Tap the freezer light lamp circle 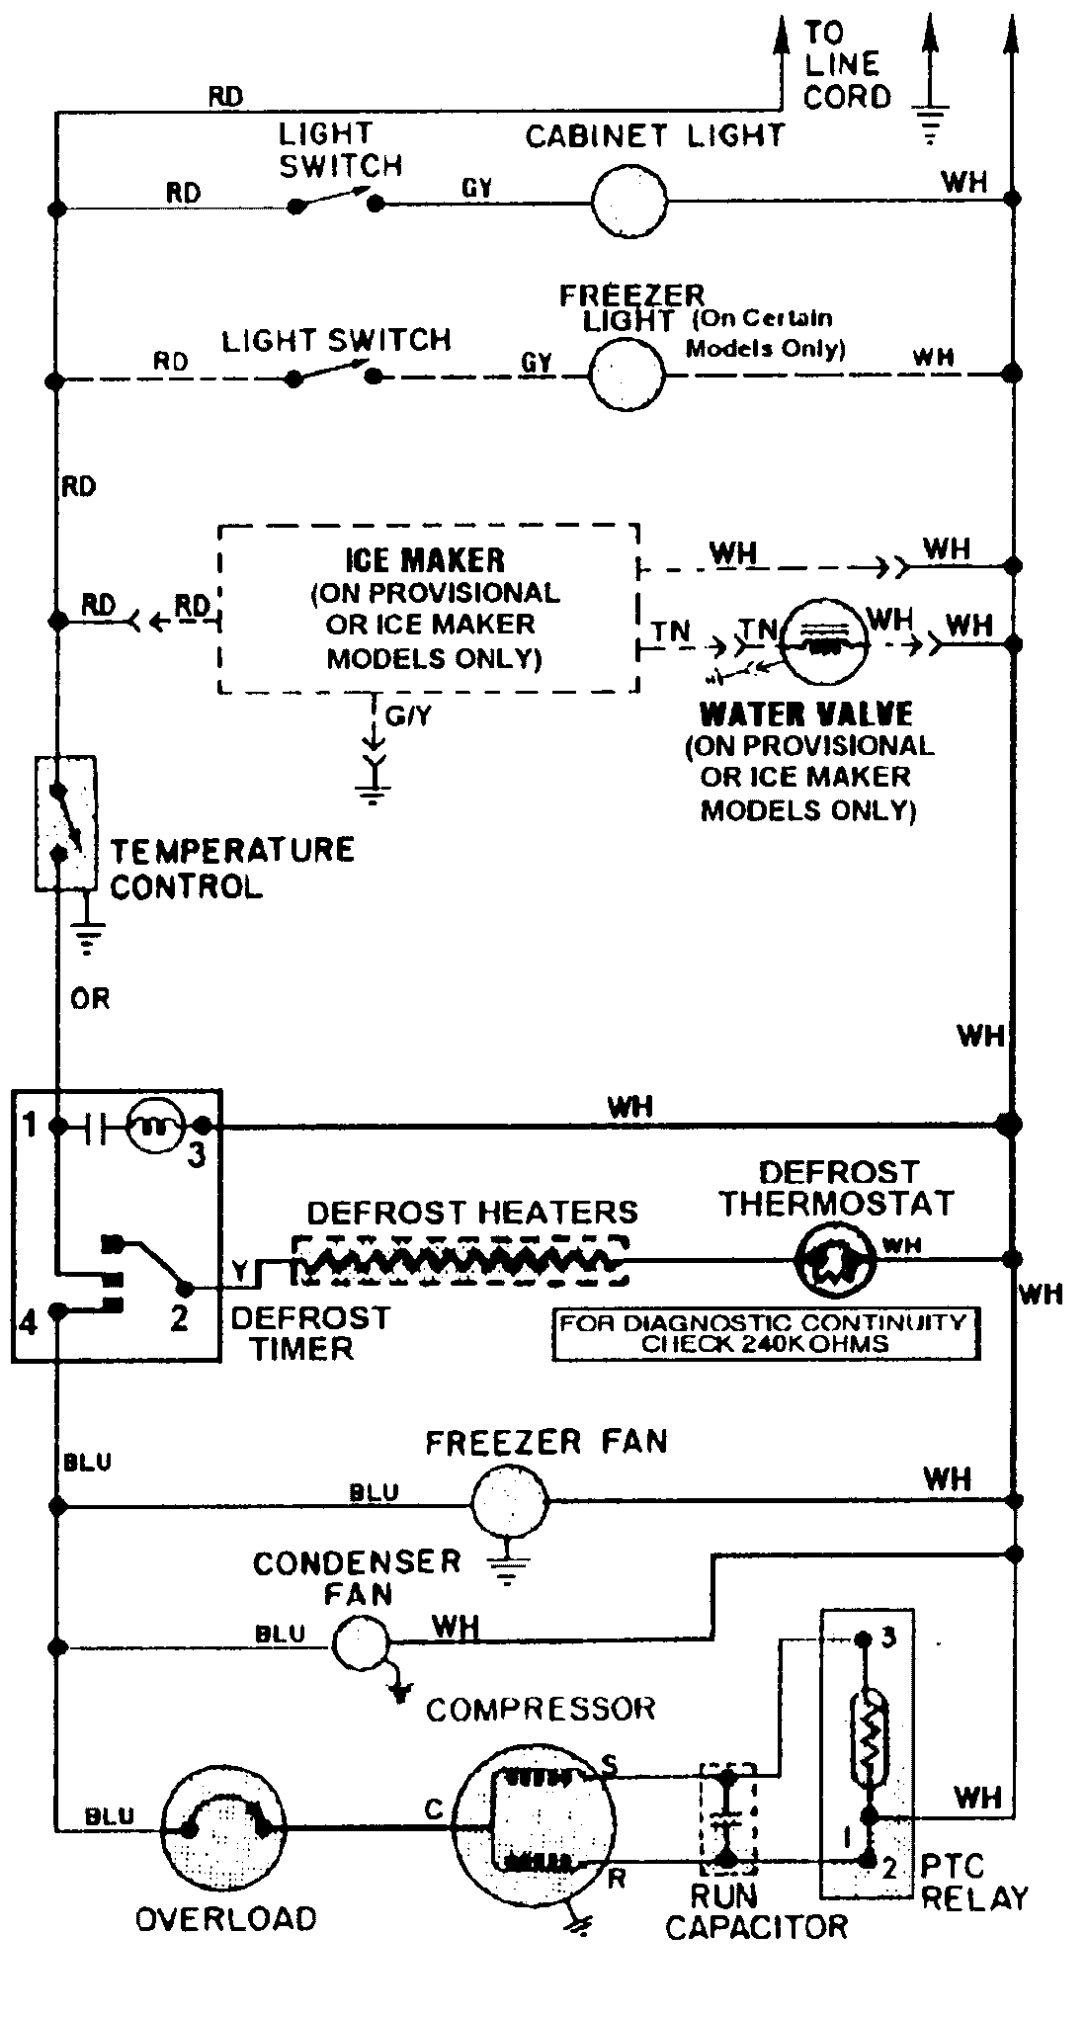pyautogui.click(x=627, y=375)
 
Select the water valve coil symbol pyautogui.click(x=823, y=641)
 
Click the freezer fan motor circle pyautogui.click(x=507, y=1503)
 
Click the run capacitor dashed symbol pyautogui.click(x=727, y=1817)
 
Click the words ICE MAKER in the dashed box pyautogui.click(x=426, y=560)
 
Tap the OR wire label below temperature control pyautogui.click(x=90, y=999)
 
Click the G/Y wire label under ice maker pyautogui.click(x=408, y=715)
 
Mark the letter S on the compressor pyautogui.click(x=609, y=1764)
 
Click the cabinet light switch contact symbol pyautogui.click(x=334, y=204)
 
